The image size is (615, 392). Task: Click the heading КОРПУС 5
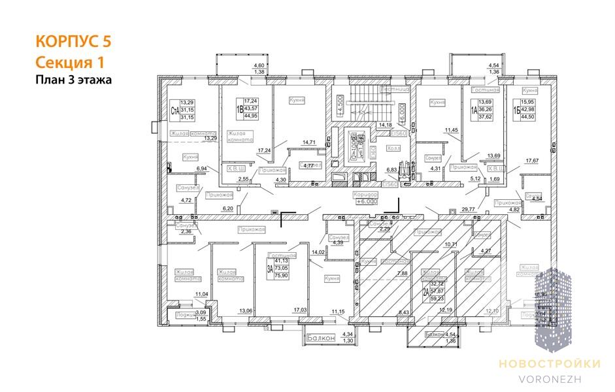[73, 42]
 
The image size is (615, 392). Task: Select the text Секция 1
[68, 62]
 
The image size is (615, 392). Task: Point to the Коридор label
[367, 194]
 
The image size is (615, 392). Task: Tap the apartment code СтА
[175, 110]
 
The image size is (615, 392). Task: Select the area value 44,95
[251, 115]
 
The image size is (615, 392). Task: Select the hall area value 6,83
[391, 169]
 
